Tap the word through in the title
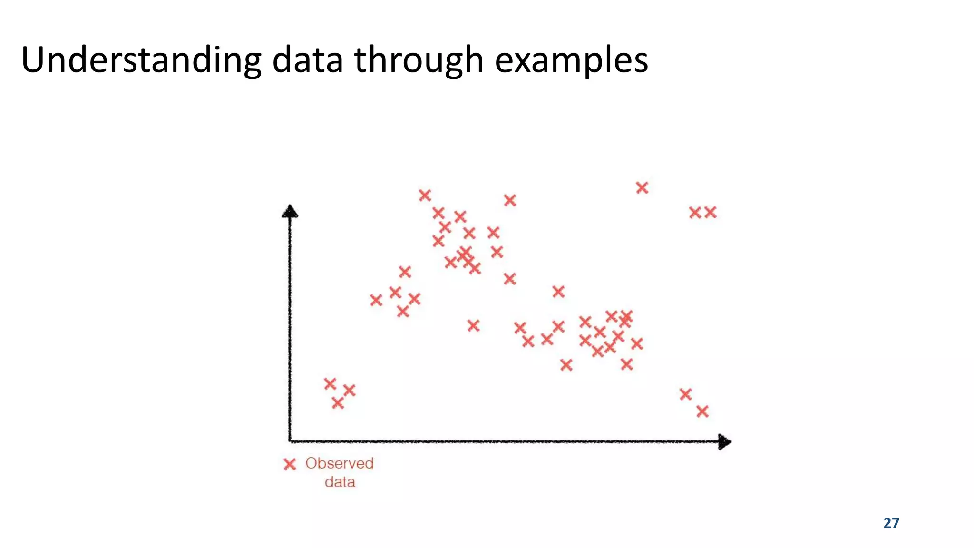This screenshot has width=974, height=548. (x=419, y=60)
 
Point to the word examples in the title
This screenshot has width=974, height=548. (x=571, y=60)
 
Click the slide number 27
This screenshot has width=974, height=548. (x=891, y=523)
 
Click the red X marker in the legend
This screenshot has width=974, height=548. (x=290, y=464)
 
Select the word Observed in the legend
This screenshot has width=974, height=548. (x=339, y=463)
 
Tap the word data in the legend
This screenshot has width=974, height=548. (x=340, y=482)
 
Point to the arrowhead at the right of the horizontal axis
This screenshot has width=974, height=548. (x=724, y=442)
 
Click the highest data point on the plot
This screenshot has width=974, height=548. (x=642, y=188)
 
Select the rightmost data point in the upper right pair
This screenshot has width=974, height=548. (x=710, y=212)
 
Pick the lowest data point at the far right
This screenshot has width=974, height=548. (x=702, y=411)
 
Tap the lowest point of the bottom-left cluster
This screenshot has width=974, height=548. (x=338, y=403)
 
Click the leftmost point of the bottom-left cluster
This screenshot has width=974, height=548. (x=330, y=383)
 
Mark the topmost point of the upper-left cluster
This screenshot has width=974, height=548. (x=425, y=195)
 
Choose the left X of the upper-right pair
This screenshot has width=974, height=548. (x=695, y=213)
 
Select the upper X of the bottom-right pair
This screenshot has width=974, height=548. (x=685, y=394)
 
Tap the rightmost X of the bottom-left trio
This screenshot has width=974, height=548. (x=349, y=391)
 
